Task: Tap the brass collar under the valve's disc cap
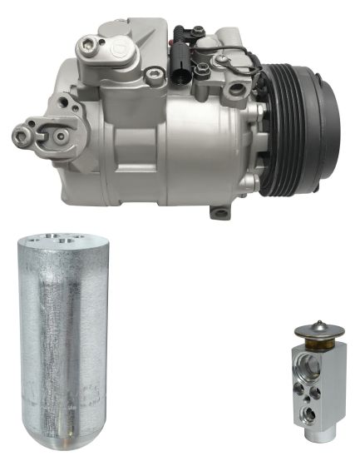(317, 342)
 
